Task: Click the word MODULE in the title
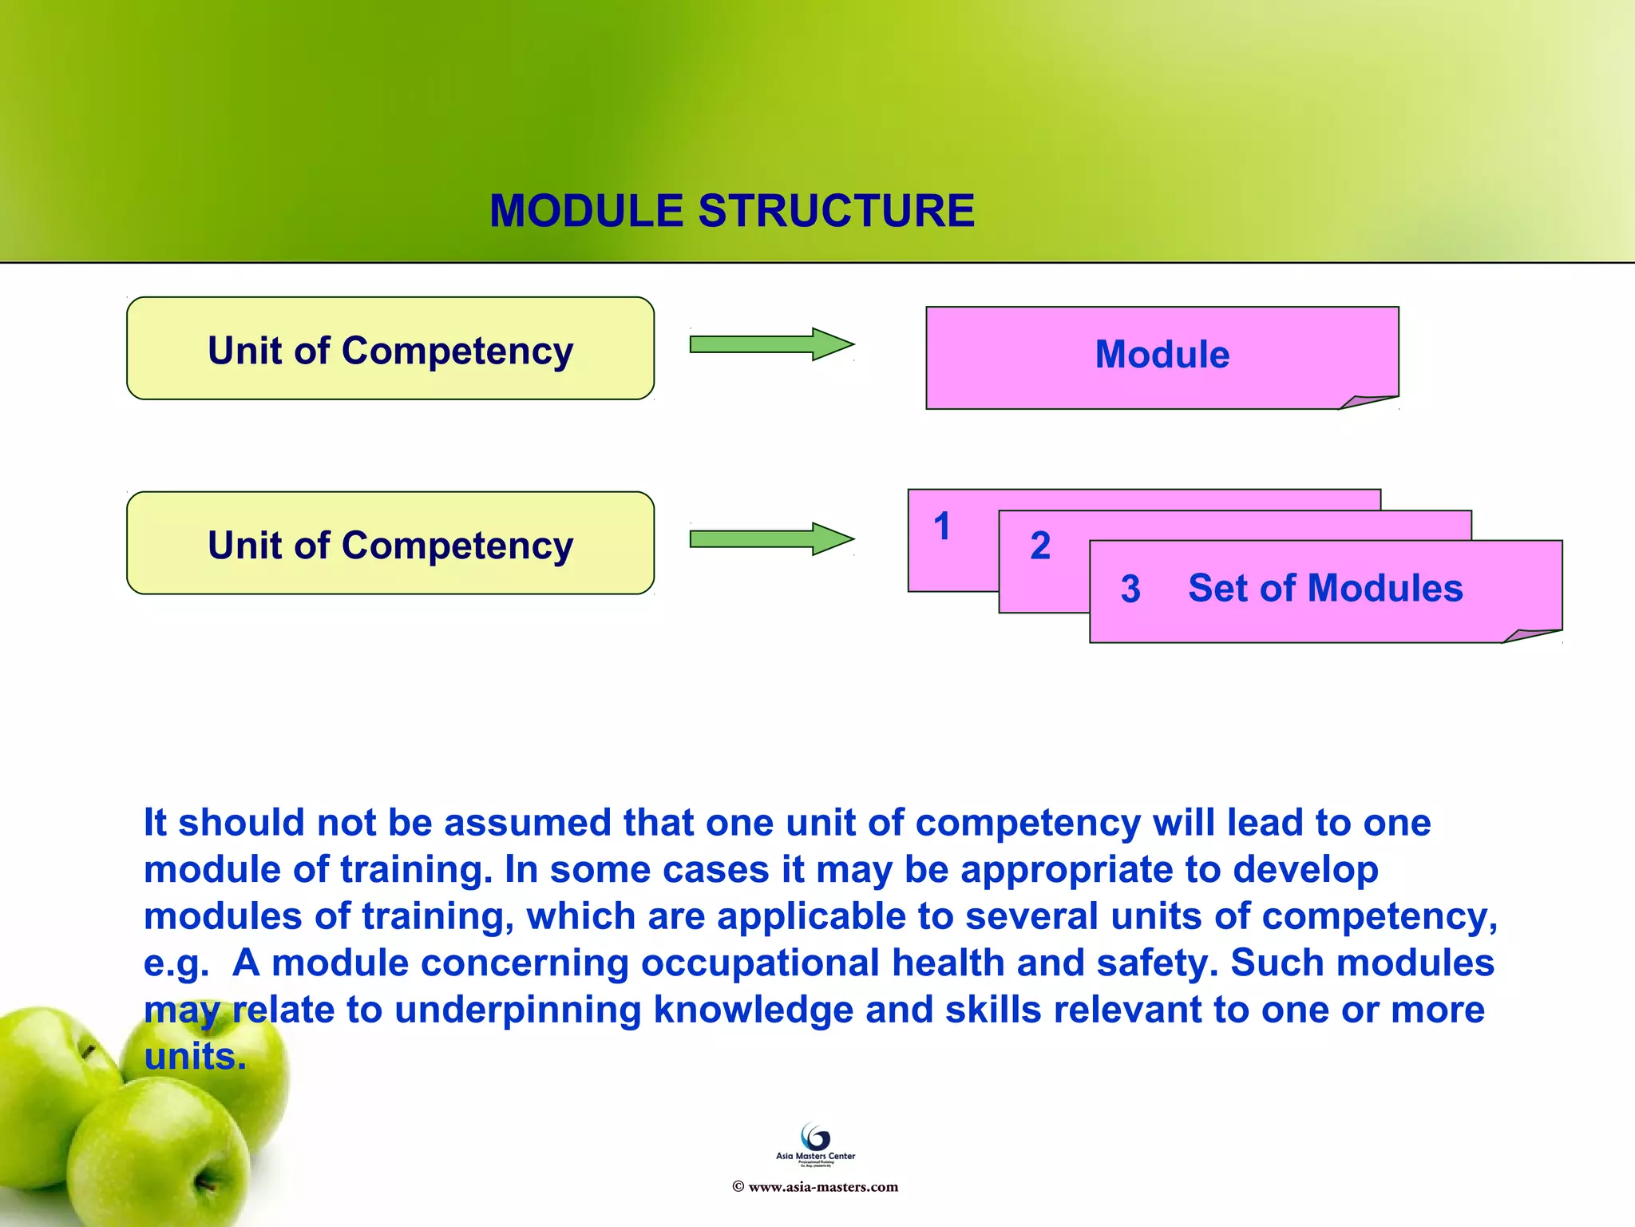(587, 212)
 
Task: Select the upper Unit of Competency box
(390, 349)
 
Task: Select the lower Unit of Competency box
(390, 544)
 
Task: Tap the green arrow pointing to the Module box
(771, 344)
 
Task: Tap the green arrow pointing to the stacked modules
(771, 539)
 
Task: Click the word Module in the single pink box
(1162, 355)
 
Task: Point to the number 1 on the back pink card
(942, 527)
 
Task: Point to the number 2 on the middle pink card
(1039, 546)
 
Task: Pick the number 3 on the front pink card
(1130, 590)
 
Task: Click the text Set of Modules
(1324, 589)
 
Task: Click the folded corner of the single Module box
(1367, 402)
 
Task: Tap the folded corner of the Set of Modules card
(1530, 636)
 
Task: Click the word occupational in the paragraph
(760, 963)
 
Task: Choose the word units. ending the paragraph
(195, 1057)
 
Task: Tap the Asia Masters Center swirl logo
(815, 1137)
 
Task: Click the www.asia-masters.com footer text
(822, 1187)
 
